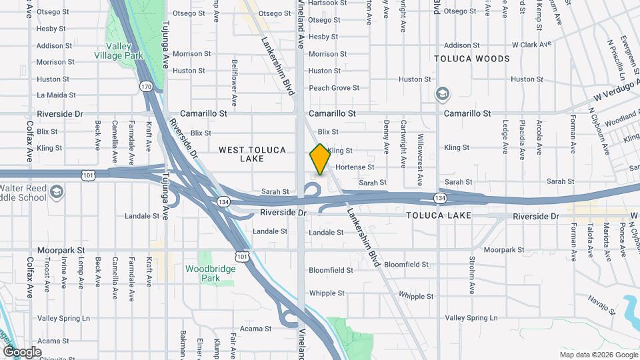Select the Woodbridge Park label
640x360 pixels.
point(211,273)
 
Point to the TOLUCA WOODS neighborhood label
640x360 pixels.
point(471,59)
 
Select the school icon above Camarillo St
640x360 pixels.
point(441,95)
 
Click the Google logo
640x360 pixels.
point(22,352)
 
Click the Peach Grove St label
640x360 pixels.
point(334,88)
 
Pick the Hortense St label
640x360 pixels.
point(355,167)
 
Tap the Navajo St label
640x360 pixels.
point(601,303)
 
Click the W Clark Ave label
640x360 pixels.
point(531,45)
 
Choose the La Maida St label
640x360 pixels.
point(56,95)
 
